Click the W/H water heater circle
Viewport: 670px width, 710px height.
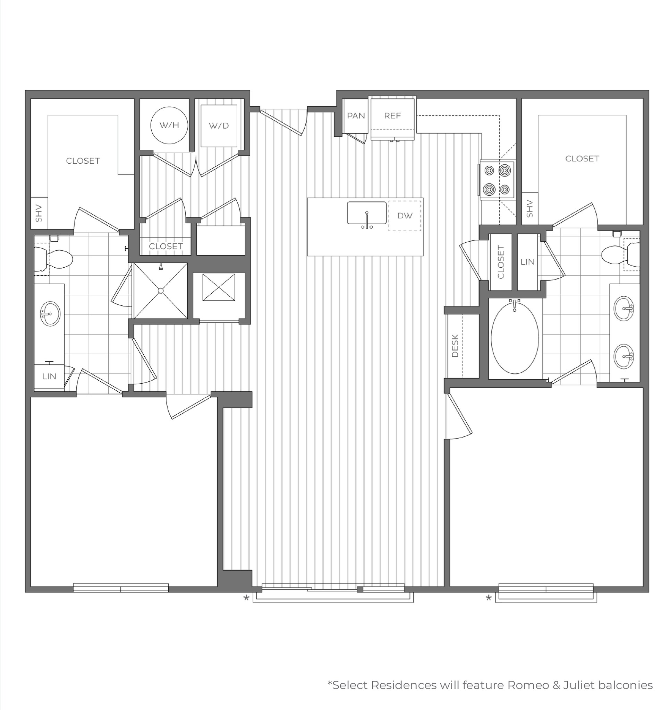point(169,125)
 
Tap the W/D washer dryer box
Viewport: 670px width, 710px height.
point(219,126)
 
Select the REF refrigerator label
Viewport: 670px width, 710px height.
point(392,116)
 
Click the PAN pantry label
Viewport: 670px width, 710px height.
point(356,116)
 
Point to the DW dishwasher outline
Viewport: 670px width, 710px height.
point(405,216)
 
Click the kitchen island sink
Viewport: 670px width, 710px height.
point(367,214)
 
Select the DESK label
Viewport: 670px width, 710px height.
point(455,346)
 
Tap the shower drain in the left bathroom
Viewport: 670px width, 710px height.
point(161,291)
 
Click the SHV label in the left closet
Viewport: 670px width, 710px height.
point(39,213)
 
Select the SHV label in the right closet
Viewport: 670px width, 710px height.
point(530,209)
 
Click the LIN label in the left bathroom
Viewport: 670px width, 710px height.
point(49,376)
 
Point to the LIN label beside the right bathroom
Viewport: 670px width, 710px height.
point(527,262)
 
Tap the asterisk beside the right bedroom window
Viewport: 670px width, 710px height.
point(489,598)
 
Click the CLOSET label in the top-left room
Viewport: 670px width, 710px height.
point(83,161)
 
